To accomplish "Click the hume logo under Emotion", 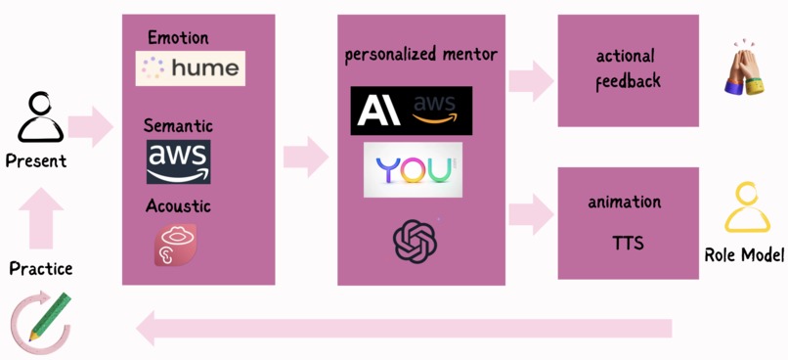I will tap(190, 68).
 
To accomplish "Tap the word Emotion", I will tap(178, 38).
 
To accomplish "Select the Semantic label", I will tap(178, 125).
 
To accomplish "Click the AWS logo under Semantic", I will tap(178, 161).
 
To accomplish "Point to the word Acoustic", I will tap(178, 205).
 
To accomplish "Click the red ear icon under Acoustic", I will tap(175, 245).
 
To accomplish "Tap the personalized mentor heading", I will tap(420, 55).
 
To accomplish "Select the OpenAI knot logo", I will tap(416, 240).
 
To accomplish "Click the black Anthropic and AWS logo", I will tap(411, 111).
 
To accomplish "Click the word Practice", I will tap(40, 268).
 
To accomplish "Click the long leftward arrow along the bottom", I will tap(405, 328).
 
